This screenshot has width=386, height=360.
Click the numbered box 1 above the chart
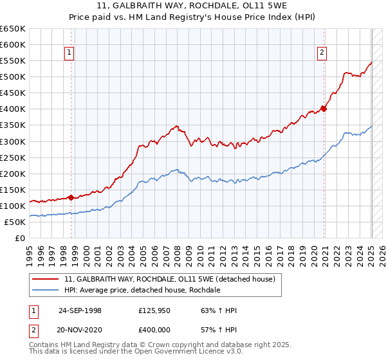[69, 53]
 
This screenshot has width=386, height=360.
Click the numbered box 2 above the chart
[321, 53]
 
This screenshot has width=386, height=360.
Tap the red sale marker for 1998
[71, 197]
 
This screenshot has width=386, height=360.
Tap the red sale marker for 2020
[324, 109]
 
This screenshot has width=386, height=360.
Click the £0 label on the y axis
[19, 238]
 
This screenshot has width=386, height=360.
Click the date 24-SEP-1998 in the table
[80, 311]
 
